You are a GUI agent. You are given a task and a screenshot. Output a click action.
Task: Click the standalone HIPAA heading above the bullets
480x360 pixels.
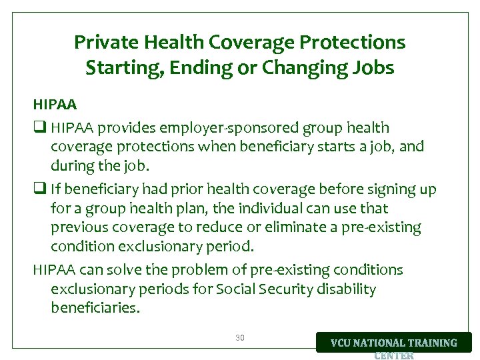55,105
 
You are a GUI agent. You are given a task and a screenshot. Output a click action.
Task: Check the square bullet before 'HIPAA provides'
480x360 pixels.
39,128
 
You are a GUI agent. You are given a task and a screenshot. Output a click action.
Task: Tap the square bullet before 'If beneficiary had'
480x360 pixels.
39,190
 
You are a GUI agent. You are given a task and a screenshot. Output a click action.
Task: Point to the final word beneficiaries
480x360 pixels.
95,308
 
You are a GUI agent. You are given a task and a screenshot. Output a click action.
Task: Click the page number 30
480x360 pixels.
240,338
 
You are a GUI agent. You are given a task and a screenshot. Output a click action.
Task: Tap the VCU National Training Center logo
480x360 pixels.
394,344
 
